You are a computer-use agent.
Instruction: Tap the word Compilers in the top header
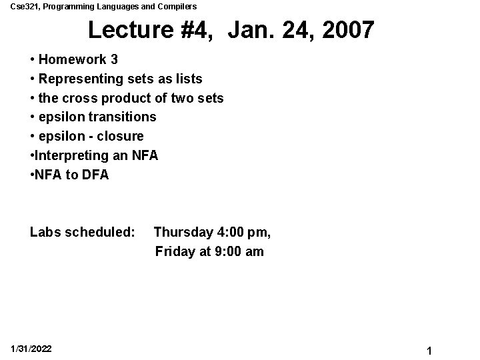click(179, 7)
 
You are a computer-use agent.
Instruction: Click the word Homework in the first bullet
click(73, 60)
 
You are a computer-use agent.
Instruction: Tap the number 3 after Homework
click(115, 60)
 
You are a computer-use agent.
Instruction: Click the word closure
click(121, 137)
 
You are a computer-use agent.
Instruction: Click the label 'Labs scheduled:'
click(82, 233)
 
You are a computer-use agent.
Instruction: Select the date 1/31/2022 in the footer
click(31, 349)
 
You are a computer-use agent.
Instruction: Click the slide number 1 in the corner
click(430, 350)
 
